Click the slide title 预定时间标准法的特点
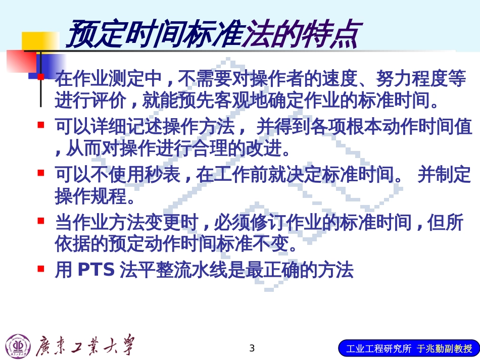click(x=212, y=34)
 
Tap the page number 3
click(x=253, y=348)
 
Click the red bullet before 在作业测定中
click(x=41, y=77)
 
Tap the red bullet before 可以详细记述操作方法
click(x=41, y=124)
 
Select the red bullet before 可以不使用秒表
click(x=41, y=173)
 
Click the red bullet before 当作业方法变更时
click(x=41, y=221)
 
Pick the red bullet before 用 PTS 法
click(x=41, y=269)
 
